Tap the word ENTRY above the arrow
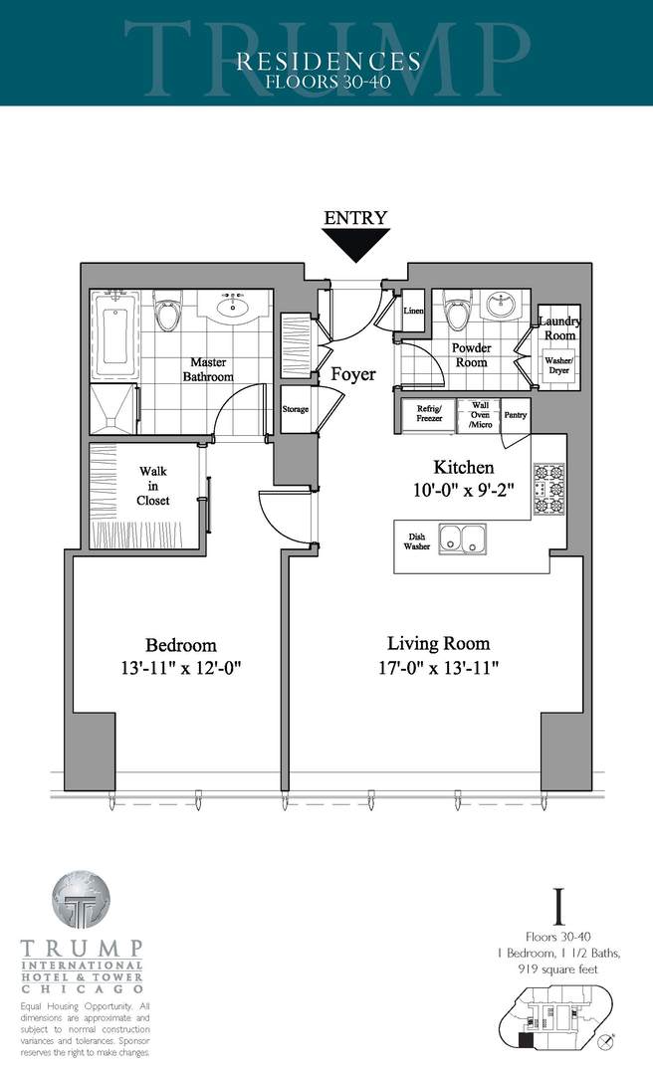click(354, 217)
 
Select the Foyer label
click(353, 374)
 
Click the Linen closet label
click(413, 312)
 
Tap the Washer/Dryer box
click(558, 364)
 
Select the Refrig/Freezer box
click(429, 413)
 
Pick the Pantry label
click(516, 414)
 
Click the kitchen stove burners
click(549, 489)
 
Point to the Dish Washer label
click(416, 540)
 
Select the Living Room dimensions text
click(439, 667)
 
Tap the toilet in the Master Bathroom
click(168, 312)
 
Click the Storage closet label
click(296, 409)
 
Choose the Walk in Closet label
click(152, 486)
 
